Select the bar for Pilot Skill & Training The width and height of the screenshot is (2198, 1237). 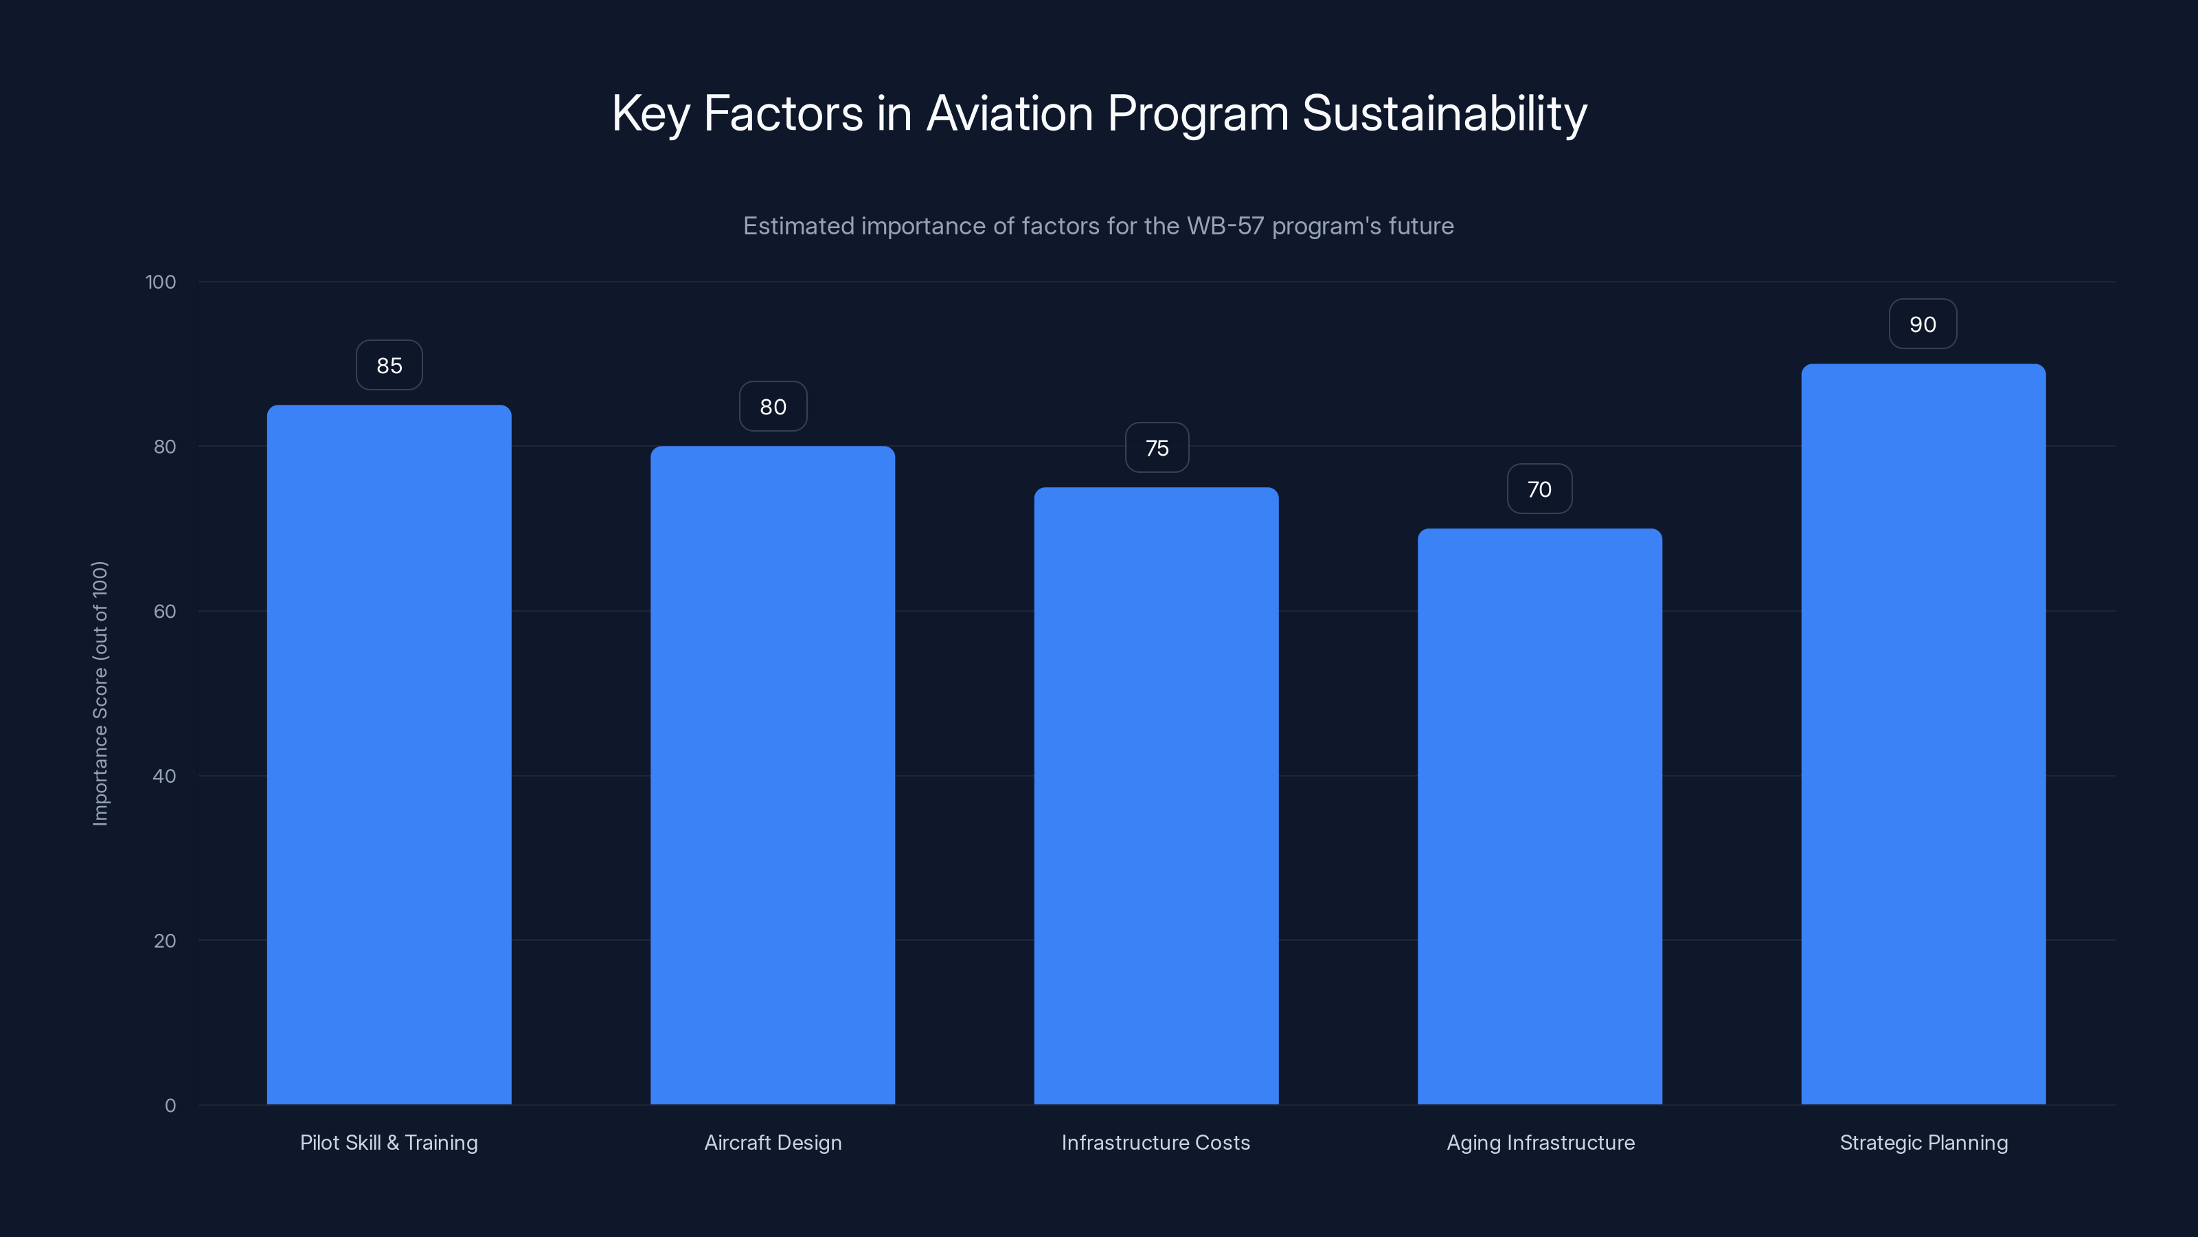click(389, 755)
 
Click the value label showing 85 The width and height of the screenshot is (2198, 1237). click(389, 366)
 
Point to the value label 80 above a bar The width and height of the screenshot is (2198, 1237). click(772, 406)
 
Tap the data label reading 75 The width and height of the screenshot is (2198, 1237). click(1156, 447)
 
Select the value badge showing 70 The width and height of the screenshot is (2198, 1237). click(1539, 489)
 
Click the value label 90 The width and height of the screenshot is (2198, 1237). click(1923, 324)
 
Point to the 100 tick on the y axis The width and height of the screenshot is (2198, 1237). click(161, 282)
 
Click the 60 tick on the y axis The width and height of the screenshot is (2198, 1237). click(165, 611)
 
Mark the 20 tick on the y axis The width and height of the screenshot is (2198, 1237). click(165, 941)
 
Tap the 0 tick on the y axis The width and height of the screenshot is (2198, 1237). click(170, 1106)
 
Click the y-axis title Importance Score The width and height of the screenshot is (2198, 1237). click(101, 693)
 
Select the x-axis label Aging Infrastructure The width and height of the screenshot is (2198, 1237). click(1540, 1142)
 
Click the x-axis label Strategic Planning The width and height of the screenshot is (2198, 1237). click(1923, 1142)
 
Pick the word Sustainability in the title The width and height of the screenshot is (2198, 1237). click(1444, 113)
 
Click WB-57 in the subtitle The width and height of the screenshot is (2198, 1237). click(1225, 226)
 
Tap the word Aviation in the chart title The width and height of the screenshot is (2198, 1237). click(1010, 113)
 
